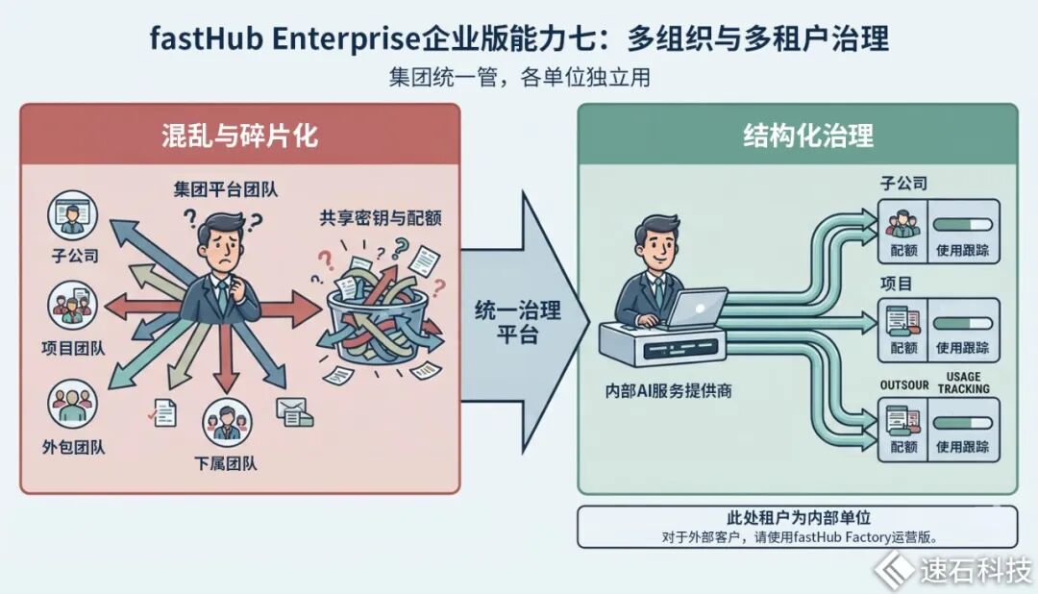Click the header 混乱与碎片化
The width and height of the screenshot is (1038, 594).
click(239, 136)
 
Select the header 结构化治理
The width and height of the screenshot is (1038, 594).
click(808, 136)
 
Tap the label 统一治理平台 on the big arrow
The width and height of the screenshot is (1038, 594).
click(518, 322)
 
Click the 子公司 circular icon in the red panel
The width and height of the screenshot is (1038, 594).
click(72, 215)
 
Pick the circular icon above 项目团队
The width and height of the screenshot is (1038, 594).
click(72, 306)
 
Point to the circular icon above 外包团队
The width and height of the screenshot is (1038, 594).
click(72, 404)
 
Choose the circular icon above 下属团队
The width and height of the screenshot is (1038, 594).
click(227, 423)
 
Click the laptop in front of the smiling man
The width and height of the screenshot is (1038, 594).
click(695, 308)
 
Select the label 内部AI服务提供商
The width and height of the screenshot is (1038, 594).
click(669, 390)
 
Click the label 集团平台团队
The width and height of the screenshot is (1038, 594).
click(226, 189)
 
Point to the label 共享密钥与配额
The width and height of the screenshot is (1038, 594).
click(380, 218)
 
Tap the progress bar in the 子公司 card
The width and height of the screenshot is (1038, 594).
click(962, 225)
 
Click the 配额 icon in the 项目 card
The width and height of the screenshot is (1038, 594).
click(902, 321)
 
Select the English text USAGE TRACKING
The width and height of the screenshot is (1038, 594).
click(964, 383)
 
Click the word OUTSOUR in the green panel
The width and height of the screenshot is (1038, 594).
click(904, 384)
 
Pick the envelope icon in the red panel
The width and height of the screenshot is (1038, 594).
click(295, 412)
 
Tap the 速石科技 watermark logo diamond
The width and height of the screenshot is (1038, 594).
click(893, 569)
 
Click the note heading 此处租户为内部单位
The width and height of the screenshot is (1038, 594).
click(799, 517)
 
